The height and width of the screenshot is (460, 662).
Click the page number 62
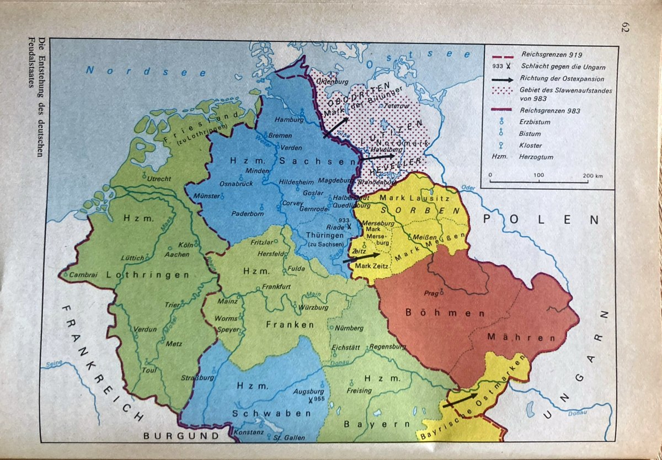click(625, 27)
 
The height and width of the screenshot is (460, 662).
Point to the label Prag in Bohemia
click(431, 293)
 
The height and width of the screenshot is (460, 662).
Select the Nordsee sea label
click(146, 72)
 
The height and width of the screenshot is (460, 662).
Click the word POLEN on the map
click(540, 220)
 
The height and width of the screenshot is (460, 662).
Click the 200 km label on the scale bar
click(592, 175)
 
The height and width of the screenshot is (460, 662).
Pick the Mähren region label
click(512, 337)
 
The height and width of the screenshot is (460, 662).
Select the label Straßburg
click(197, 378)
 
